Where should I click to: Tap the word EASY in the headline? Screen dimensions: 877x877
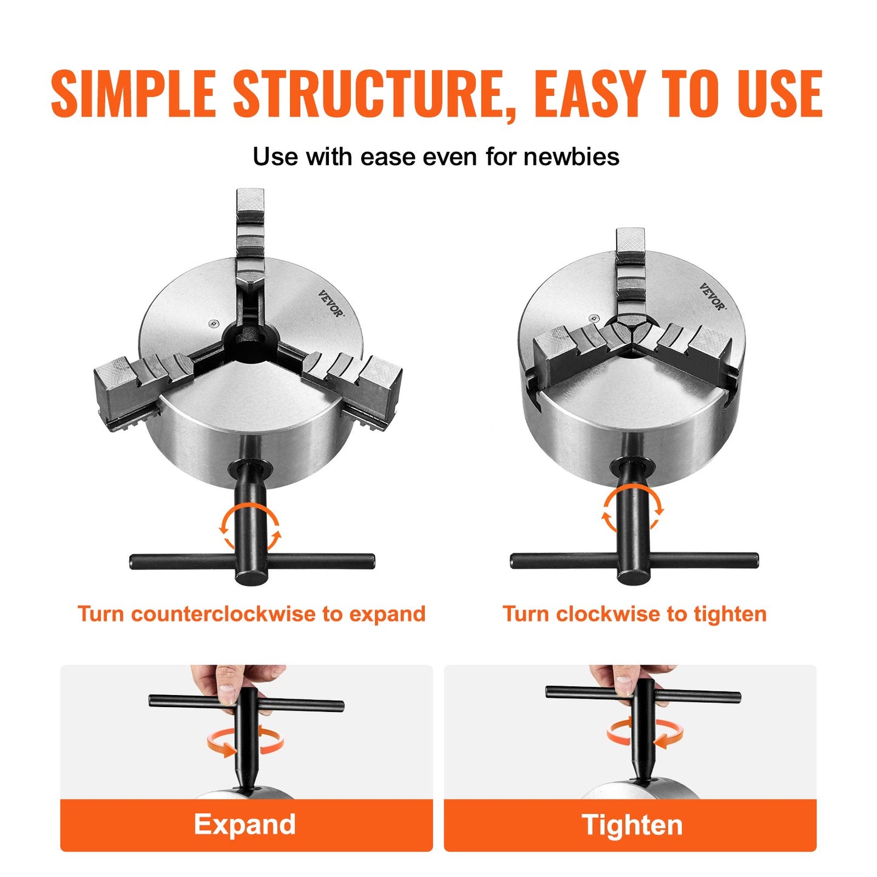[587, 94]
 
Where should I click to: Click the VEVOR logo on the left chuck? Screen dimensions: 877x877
[330, 303]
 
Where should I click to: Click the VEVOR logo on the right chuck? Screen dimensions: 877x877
[712, 296]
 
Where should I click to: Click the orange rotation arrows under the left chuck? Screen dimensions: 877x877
[250, 527]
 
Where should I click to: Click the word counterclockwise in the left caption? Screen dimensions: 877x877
[225, 614]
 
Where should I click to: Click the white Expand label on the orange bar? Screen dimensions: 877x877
[245, 824]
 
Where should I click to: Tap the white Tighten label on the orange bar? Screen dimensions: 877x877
[632, 825]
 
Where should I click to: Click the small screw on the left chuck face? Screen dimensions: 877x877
[212, 324]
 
